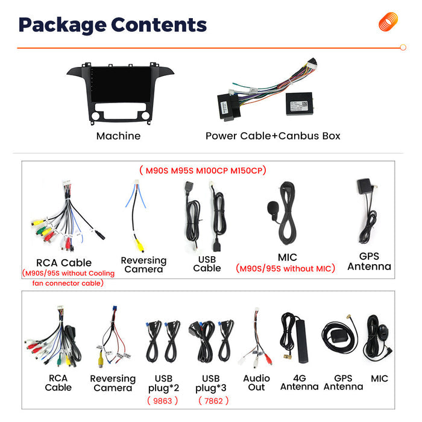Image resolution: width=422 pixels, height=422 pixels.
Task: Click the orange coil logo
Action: click(x=388, y=21)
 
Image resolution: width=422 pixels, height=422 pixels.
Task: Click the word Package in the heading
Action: click(x=63, y=25)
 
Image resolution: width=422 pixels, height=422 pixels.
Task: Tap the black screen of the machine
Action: click(x=121, y=84)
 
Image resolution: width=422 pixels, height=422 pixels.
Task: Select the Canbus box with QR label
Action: click(x=300, y=104)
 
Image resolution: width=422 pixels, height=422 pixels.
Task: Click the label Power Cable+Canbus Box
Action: click(x=273, y=136)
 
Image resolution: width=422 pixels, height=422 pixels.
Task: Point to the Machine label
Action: click(x=118, y=136)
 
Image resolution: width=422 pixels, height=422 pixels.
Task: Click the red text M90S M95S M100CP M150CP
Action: click(x=203, y=171)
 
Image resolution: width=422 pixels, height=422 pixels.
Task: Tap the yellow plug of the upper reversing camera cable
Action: click(x=139, y=245)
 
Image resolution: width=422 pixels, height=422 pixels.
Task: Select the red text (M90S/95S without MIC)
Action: click(x=285, y=268)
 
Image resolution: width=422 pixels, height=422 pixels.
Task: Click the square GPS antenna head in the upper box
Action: click(x=364, y=186)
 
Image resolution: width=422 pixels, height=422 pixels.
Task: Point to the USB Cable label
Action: click(x=207, y=264)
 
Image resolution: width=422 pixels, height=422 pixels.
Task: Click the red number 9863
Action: click(x=163, y=401)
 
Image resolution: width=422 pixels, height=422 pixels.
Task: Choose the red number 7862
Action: click(x=213, y=401)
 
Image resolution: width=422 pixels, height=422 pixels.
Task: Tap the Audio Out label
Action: click(x=256, y=383)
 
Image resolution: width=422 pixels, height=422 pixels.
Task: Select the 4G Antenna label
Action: click(x=299, y=382)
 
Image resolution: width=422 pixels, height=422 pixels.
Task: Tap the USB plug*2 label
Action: click(x=163, y=383)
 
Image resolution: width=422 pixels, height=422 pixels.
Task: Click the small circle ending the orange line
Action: click(x=403, y=48)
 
